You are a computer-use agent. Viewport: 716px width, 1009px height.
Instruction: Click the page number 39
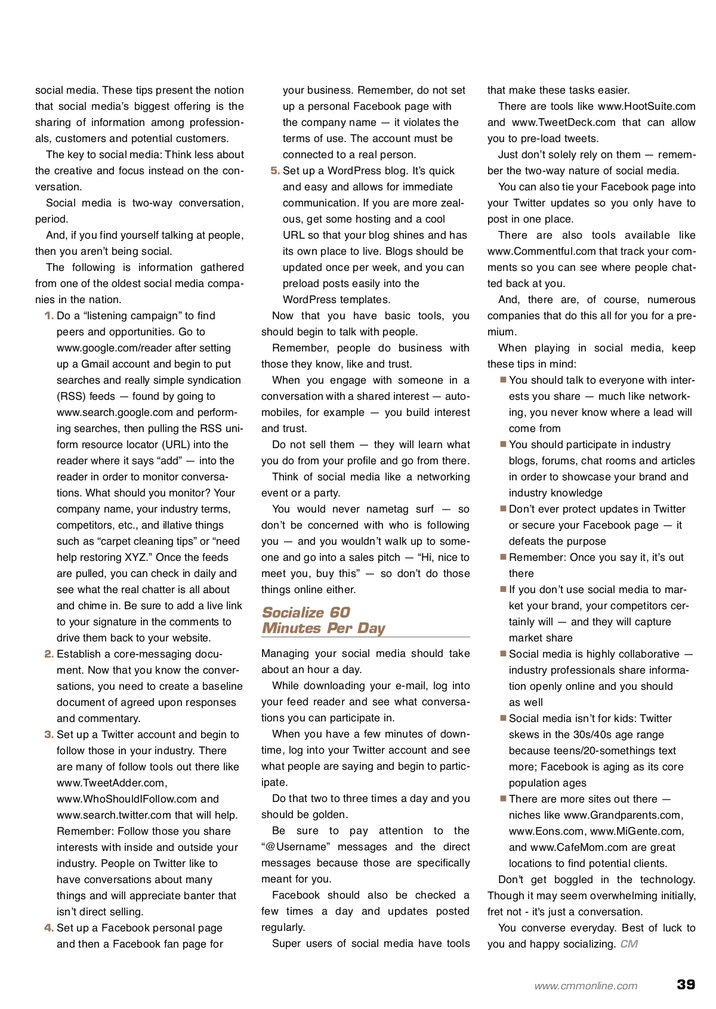click(686, 984)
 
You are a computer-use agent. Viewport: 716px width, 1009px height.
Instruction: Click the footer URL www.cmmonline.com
click(586, 986)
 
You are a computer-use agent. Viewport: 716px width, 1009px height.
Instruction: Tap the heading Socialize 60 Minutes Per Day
click(324, 621)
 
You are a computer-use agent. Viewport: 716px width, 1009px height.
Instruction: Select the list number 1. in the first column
click(49, 316)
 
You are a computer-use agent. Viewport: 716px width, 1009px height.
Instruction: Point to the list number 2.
click(49, 654)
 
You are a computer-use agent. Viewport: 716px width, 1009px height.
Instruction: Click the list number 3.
click(49, 735)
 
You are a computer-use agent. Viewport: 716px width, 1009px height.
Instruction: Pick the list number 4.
click(49, 928)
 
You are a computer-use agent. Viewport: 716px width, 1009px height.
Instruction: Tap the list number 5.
click(275, 171)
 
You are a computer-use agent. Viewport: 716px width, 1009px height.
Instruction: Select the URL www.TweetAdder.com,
click(112, 783)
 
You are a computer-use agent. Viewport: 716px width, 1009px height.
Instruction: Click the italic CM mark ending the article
click(629, 944)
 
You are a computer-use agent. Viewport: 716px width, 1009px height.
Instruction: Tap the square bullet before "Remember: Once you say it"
click(504, 557)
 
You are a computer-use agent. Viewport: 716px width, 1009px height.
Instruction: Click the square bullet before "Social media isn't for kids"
click(504, 718)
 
